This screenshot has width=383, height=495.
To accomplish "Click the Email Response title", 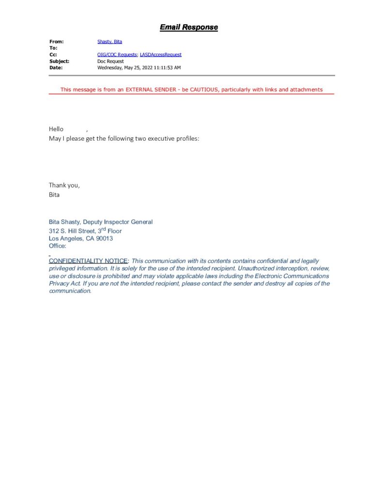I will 189,28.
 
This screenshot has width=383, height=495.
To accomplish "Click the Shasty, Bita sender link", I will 109,42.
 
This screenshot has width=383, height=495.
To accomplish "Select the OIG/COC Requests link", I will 117,55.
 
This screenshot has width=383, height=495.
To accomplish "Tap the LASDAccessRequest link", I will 161,55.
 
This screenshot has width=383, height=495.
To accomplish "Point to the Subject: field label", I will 59,61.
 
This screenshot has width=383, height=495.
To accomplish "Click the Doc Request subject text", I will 110,61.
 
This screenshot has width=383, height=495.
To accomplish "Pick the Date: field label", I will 56,68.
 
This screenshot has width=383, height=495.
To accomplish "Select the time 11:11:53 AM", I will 168,68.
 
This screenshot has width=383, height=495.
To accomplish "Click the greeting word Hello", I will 56,129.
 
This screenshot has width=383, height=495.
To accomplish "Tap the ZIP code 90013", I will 105,238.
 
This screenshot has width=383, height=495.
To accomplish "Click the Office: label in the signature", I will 58,246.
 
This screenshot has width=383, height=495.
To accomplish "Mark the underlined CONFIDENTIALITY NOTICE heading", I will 88,261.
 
